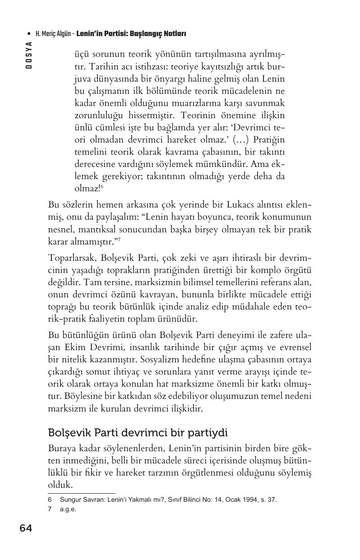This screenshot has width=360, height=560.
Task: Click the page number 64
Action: click(26, 528)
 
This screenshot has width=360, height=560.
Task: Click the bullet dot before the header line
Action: click(29, 34)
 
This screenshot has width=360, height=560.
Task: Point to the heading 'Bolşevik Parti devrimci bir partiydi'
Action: click(138, 433)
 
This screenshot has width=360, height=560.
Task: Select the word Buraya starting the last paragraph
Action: click(62, 449)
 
